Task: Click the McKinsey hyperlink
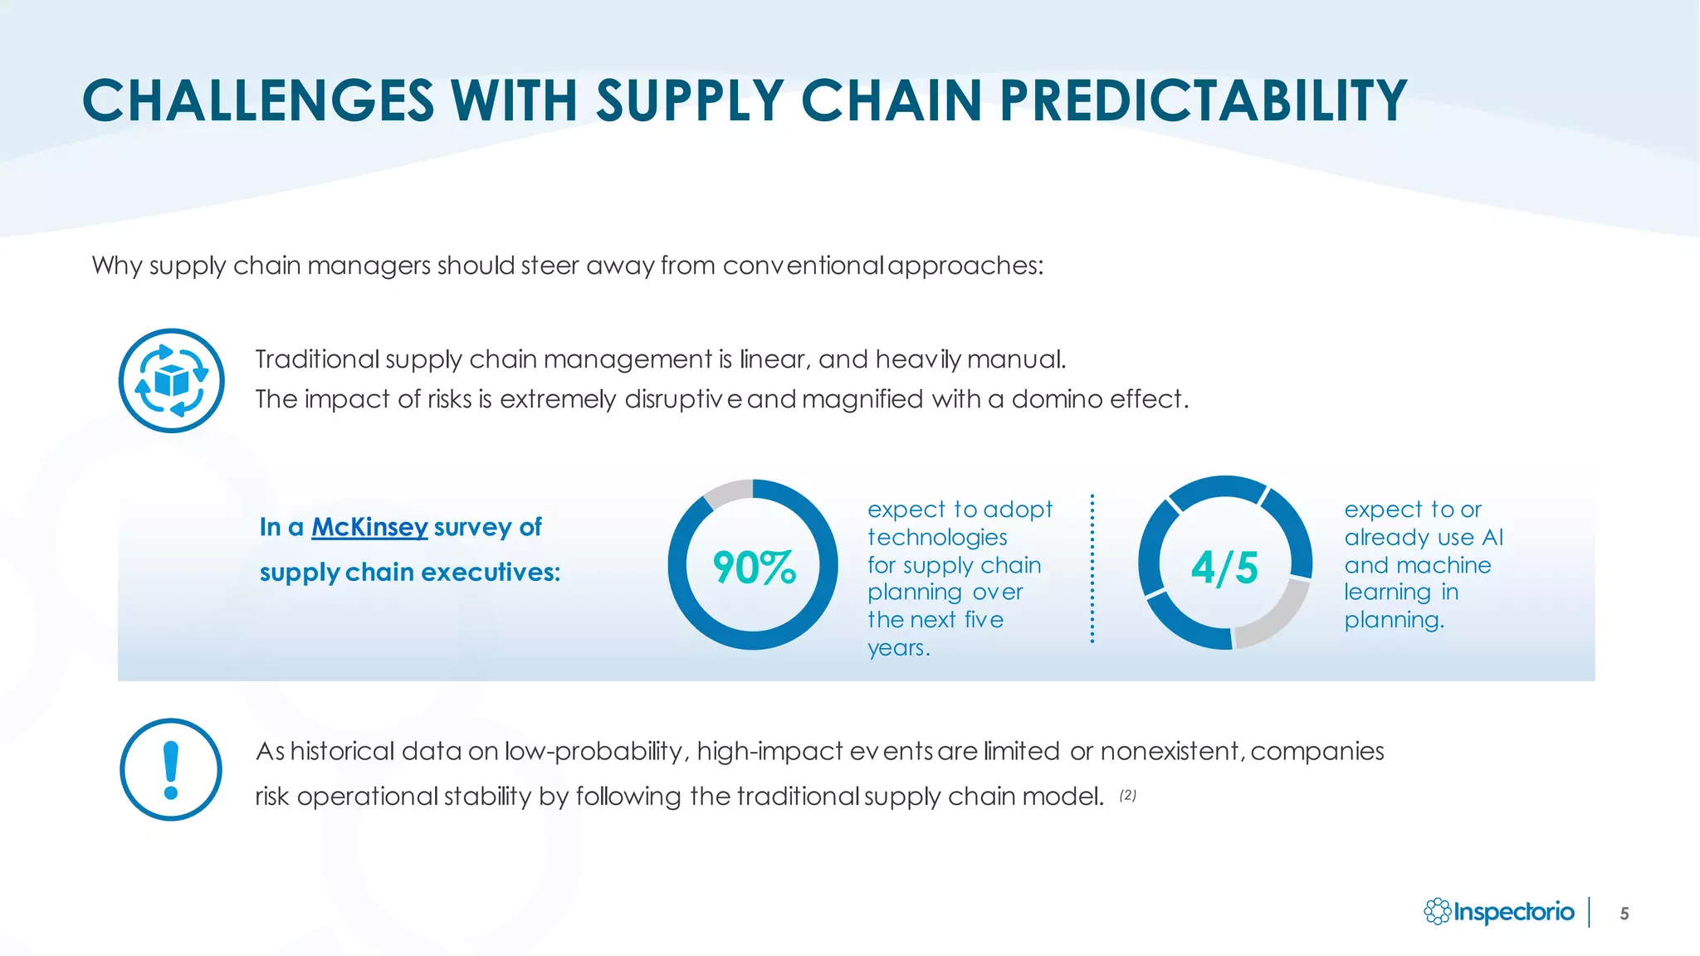(369, 527)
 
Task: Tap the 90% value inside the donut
(754, 568)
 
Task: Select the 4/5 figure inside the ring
(1224, 568)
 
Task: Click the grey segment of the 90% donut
(727, 493)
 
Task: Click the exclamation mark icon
(171, 770)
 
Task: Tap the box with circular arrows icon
(171, 381)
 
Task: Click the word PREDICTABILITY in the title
(1203, 101)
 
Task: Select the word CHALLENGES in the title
(258, 101)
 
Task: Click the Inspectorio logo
(1499, 912)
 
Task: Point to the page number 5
(1624, 914)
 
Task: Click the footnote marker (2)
(1127, 795)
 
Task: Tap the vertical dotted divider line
(1092, 569)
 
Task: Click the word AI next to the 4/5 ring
(1492, 538)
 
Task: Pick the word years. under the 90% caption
(898, 648)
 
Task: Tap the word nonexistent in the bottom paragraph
(1170, 751)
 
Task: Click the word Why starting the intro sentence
(117, 266)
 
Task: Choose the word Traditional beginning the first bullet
(317, 359)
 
